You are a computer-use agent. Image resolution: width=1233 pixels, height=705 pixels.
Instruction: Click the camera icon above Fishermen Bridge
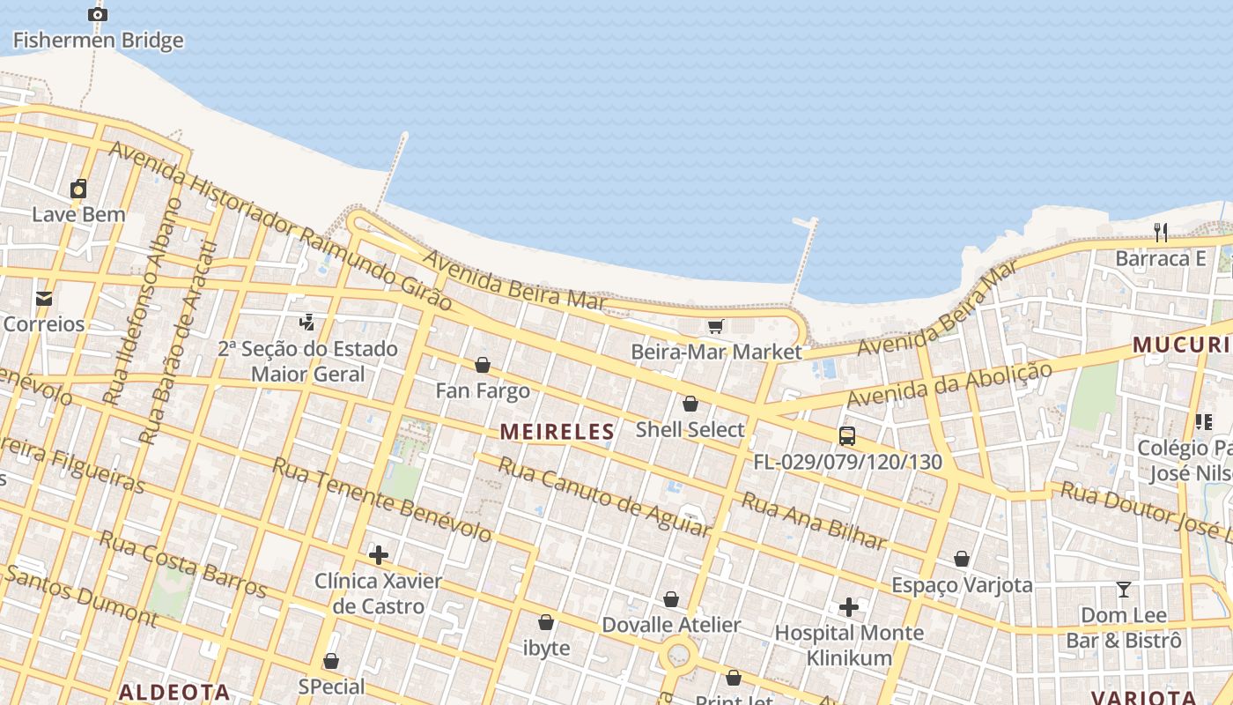(98, 14)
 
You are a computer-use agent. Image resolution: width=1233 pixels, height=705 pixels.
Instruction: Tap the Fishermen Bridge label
(98, 40)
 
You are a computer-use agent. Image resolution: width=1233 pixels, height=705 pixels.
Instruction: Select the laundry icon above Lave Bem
(78, 189)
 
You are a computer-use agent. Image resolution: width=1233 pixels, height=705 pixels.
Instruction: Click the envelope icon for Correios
(44, 299)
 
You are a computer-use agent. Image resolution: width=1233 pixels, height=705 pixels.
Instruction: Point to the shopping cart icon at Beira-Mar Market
(715, 327)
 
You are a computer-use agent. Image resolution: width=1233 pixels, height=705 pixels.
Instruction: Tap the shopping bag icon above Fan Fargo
(483, 365)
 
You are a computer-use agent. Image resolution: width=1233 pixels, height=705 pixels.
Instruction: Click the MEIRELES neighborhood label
(557, 432)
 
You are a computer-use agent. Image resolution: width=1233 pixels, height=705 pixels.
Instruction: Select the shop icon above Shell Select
(690, 404)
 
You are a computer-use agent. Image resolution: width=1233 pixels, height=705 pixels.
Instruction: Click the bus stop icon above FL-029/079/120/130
(846, 435)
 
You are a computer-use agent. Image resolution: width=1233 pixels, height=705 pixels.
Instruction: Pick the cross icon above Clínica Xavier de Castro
(379, 555)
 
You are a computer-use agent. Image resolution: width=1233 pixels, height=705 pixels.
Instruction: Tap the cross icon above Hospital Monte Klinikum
(849, 607)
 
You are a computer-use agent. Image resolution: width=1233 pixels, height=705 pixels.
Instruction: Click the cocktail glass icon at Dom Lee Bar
(1124, 589)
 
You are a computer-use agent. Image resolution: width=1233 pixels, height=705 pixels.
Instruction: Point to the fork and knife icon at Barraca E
(1161, 233)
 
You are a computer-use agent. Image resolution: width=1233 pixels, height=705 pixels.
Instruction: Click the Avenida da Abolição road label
(949, 384)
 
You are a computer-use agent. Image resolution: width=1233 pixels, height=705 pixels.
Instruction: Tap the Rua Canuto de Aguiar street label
(604, 497)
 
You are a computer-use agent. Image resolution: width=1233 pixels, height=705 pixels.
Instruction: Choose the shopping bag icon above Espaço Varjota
(962, 559)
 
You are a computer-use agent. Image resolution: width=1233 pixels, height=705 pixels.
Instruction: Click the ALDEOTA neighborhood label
(174, 692)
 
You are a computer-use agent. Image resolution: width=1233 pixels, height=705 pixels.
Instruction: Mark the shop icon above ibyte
(546, 622)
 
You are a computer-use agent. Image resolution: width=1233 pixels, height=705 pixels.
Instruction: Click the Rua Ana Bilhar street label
(814, 521)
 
